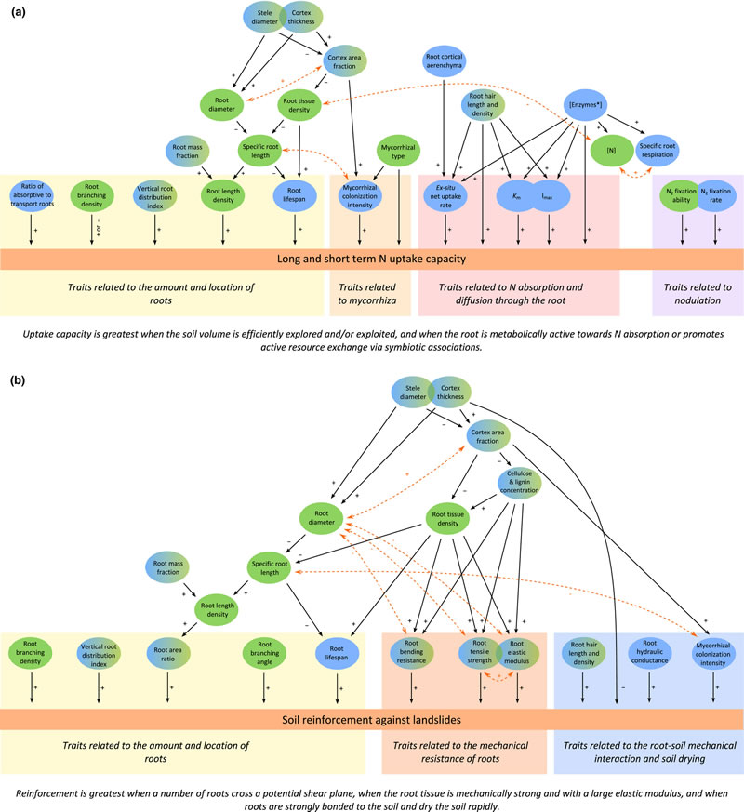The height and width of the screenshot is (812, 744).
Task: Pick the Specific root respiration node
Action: pyautogui.click(x=663, y=146)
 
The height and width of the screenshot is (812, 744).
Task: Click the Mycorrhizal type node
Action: pyautogui.click(x=397, y=149)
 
